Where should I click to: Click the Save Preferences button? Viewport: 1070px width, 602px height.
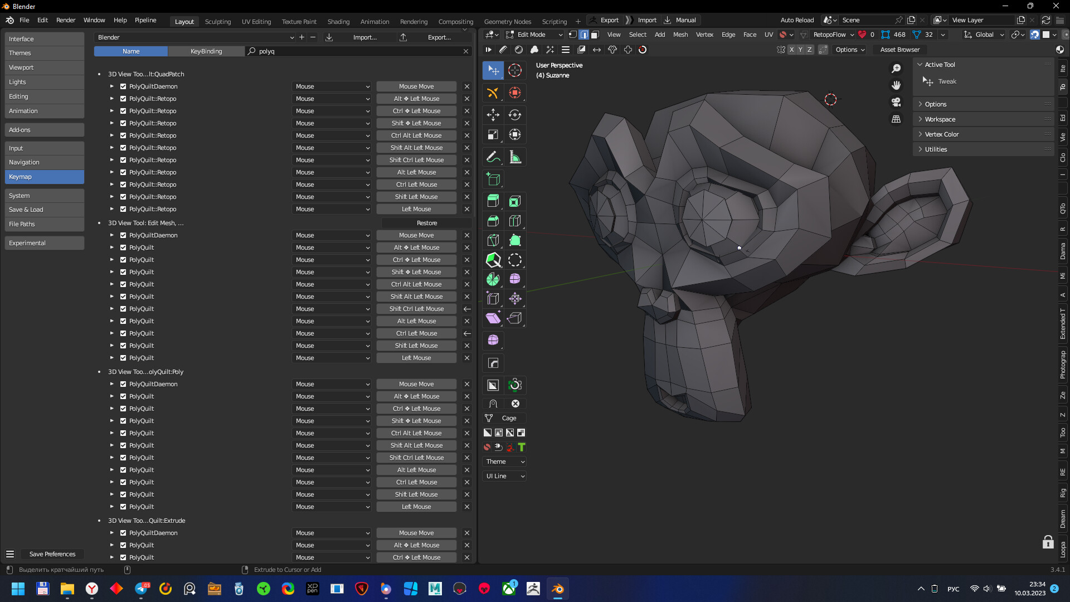[x=52, y=554]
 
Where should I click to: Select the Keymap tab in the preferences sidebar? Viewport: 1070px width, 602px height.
[x=45, y=177]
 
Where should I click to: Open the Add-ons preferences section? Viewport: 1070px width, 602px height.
[x=45, y=130]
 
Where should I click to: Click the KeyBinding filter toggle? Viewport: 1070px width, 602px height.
[x=206, y=51]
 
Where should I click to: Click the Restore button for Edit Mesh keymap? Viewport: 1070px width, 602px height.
[x=426, y=223]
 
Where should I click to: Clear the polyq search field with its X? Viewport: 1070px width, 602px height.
[x=466, y=51]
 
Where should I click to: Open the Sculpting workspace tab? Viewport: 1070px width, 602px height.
[x=217, y=22]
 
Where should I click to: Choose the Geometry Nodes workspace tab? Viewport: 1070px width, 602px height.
[x=507, y=22]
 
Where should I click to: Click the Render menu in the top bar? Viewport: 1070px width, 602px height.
[x=66, y=20]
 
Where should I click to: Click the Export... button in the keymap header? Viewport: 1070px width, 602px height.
[x=439, y=37]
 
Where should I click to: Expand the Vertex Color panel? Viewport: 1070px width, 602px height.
[x=942, y=134]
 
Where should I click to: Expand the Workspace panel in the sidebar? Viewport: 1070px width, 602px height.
[x=940, y=119]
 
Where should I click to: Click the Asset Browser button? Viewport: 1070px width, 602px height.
[x=899, y=50]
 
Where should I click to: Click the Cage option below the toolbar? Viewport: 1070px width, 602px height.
[x=509, y=418]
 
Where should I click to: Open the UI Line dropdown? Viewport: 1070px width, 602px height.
[x=505, y=476]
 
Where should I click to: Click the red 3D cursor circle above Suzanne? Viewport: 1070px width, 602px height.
[x=830, y=100]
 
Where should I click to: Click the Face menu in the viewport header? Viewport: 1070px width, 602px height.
[x=750, y=35]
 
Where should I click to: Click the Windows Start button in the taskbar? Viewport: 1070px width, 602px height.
[x=18, y=589]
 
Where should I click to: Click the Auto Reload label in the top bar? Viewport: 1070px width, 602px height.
[x=797, y=20]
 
